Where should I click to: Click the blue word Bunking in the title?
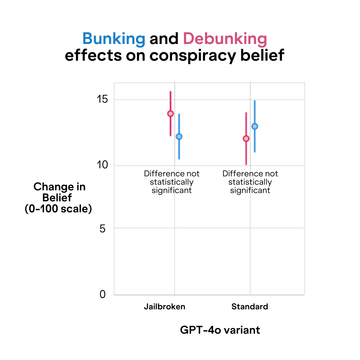[114, 39]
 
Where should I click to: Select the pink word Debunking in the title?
[225, 39]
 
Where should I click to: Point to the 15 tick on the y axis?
[103, 99]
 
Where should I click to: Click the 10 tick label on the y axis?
[103, 165]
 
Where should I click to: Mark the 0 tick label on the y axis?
[103, 294]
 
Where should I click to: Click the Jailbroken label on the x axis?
[164, 307]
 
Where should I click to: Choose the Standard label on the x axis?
[250, 307]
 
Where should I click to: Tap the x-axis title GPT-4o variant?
[220, 330]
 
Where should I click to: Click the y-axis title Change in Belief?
[59, 192]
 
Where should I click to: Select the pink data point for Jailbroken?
[170, 114]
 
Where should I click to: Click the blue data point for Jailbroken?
[179, 136]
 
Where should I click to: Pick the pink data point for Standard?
[246, 139]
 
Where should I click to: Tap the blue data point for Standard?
[255, 126]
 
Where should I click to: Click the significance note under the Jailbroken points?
[172, 182]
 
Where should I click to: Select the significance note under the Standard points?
[250, 182]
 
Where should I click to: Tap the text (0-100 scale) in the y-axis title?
[58, 209]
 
